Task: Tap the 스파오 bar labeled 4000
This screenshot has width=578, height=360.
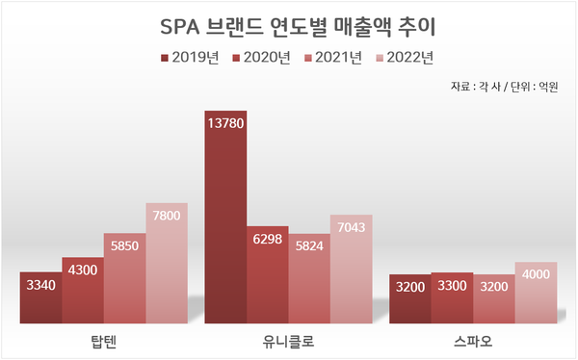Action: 536,294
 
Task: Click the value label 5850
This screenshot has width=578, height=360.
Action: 124,244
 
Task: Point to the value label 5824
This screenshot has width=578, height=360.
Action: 309,245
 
